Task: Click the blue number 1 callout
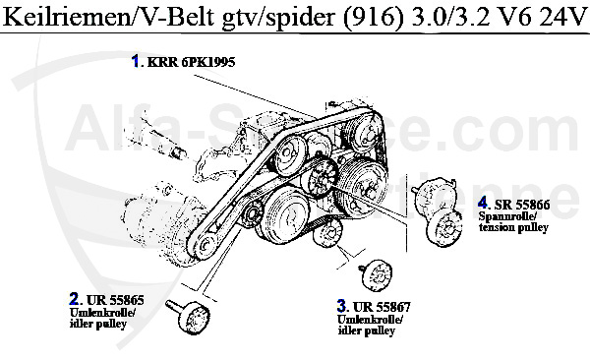coord(136,61)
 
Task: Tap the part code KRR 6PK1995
coord(191,62)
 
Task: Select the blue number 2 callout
coord(74,299)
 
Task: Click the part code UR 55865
coord(115,300)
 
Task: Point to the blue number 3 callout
coord(341,306)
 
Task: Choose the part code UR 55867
coord(382,307)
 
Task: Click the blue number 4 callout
coord(483,204)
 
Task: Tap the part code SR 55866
coord(522,205)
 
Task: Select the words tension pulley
coord(513,227)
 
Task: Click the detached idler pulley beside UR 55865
coord(189,315)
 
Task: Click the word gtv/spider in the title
coord(278,18)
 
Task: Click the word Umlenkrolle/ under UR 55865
coord(102,313)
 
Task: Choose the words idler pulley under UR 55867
coord(367,330)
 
